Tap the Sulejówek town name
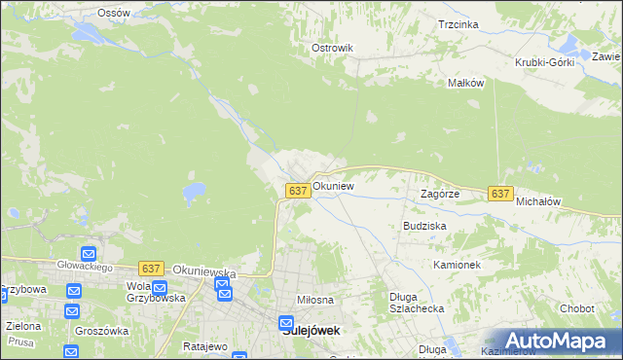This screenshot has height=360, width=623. [x=311, y=330]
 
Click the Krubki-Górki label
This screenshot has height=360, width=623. [x=545, y=62]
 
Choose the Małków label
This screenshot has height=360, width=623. [x=465, y=84]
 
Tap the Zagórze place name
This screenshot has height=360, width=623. [x=439, y=194]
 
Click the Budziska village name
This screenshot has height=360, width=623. [x=424, y=225]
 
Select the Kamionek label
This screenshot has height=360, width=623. [x=458, y=265]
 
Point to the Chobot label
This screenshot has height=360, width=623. [x=577, y=308]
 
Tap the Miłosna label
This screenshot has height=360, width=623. [x=316, y=301]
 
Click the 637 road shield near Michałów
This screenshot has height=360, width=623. [x=500, y=194]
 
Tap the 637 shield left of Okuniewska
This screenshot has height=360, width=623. [x=150, y=268]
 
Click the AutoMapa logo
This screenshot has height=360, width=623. [x=550, y=341]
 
